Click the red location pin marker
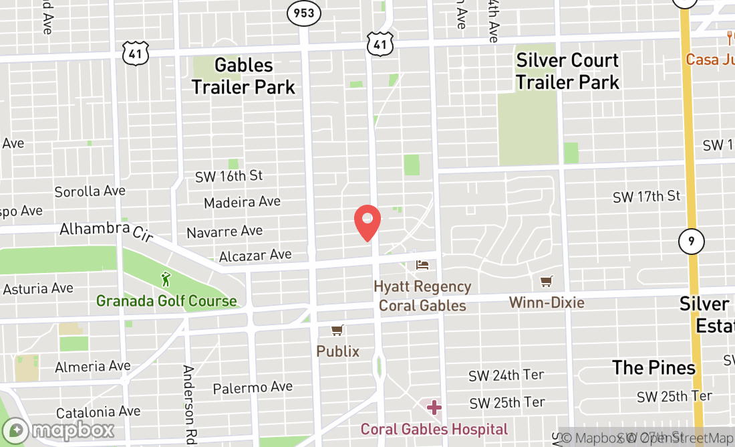point(367,222)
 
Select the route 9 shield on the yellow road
point(691,241)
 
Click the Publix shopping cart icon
point(337,331)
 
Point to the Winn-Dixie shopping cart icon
point(547,282)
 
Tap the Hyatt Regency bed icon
point(422,265)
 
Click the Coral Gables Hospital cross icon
point(434,407)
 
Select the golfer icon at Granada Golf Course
point(166,279)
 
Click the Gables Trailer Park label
point(244,76)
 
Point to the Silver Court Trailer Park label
point(568,71)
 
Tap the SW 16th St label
point(229,176)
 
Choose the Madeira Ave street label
point(243,202)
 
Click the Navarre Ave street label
point(225,232)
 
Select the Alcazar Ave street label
point(255,256)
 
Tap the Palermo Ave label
point(253,387)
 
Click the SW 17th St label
point(646,196)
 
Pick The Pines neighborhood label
point(653,367)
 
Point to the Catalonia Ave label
point(98,412)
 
